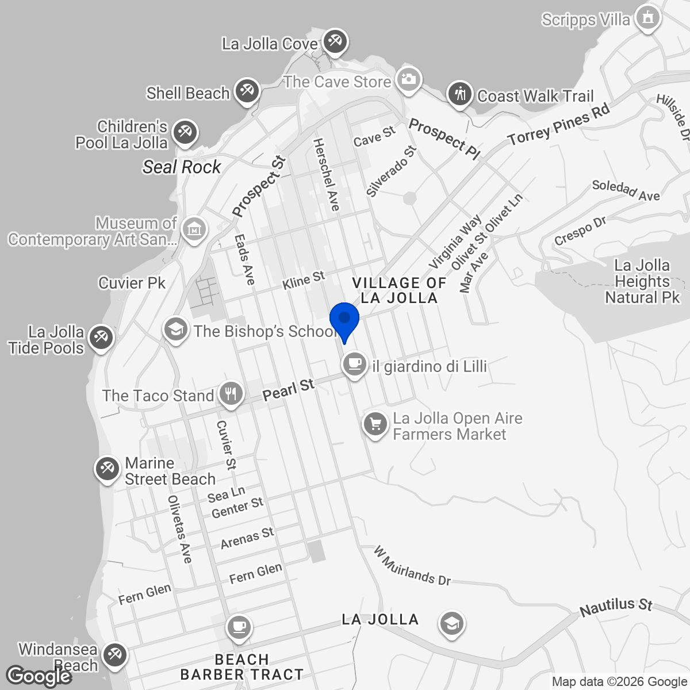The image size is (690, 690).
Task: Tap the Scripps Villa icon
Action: click(648, 18)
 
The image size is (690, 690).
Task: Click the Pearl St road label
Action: click(289, 390)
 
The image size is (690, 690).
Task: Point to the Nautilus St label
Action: click(616, 607)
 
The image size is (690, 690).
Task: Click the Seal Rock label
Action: click(182, 167)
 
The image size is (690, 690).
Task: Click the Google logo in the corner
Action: click(39, 676)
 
